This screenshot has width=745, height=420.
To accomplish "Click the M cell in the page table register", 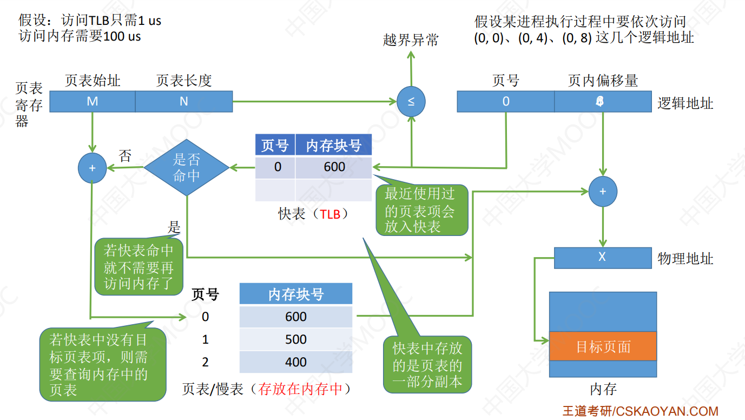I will (x=92, y=102).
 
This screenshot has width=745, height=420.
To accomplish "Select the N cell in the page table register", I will (x=184, y=102).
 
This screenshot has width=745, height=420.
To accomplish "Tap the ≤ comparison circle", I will (x=411, y=102).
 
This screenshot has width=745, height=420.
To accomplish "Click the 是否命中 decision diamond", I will (x=187, y=168).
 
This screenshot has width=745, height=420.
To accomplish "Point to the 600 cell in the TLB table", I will (x=334, y=167).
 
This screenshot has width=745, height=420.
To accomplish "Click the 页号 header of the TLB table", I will (x=275, y=146).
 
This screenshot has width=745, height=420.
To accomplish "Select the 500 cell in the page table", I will (x=296, y=339).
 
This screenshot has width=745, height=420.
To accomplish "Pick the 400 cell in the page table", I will (x=296, y=362).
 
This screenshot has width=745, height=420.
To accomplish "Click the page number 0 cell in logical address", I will (x=506, y=102).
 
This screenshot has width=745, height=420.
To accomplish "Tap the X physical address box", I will (x=602, y=258).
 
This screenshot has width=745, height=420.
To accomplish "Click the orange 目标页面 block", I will (x=603, y=346).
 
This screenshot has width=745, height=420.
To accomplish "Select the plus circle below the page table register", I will (x=93, y=168).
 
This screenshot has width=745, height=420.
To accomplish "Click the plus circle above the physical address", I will (x=603, y=192).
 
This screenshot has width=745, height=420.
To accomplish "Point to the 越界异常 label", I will (x=411, y=40).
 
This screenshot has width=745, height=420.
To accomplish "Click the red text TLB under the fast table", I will (x=330, y=214).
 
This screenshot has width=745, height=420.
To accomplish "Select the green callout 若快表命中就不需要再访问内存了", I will (x=139, y=267).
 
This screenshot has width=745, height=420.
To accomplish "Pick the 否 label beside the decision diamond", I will (x=125, y=157).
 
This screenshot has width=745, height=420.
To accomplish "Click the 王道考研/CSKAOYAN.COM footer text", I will (x=640, y=411).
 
